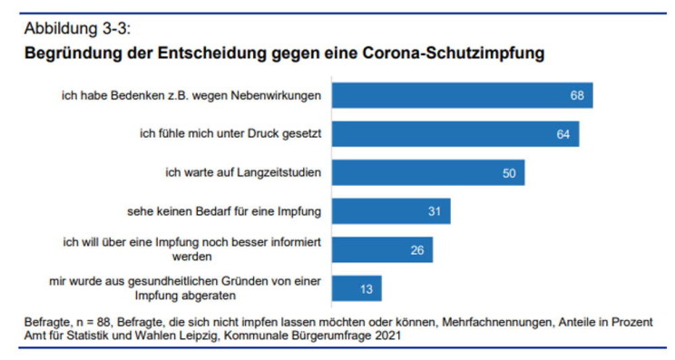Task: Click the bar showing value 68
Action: coord(462,95)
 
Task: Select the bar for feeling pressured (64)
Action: coord(455,134)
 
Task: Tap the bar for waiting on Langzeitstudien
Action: coord(428,172)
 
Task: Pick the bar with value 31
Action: coord(391,211)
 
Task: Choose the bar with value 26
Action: coord(382,249)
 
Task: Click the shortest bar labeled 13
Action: coord(357,288)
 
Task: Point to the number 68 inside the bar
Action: coord(576,95)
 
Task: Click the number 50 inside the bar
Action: coord(508,172)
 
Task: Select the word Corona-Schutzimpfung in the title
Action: coord(457,53)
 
